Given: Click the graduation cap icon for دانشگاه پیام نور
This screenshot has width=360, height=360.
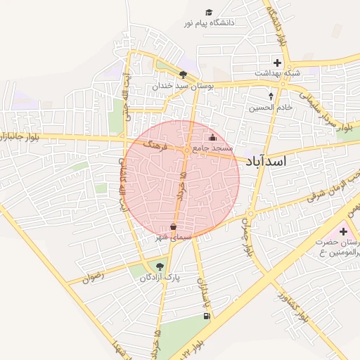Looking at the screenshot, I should (x=208, y=13).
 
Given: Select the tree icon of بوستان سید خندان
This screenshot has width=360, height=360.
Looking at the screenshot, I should (x=183, y=75).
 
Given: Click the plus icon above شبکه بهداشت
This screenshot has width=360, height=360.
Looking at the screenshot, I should (x=277, y=63).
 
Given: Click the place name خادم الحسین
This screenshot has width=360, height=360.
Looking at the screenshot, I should (x=270, y=108).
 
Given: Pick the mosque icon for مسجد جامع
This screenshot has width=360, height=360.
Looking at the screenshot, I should (x=213, y=138).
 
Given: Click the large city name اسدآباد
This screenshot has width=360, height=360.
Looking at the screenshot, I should (x=266, y=162).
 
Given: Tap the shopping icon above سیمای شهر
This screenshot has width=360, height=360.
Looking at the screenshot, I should (x=174, y=226).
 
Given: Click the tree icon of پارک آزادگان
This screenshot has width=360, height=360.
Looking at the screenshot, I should (x=160, y=266).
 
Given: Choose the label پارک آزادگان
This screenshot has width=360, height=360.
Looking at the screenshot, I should (x=160, y=278).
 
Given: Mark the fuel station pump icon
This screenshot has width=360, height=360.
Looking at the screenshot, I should (x=206, y=316).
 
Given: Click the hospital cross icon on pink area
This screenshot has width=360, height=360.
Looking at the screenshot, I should (x=342, y=231).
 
